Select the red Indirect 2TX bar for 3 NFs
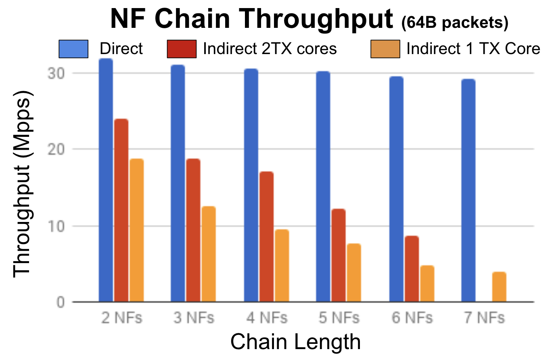193,230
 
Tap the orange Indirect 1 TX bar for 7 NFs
499,287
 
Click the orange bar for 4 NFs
281,266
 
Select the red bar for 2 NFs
121,210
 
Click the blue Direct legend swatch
73,49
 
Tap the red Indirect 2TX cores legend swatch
182,49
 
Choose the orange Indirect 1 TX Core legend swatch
385,49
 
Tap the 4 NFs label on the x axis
266,318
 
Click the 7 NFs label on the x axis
484,318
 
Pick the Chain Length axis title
295,342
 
